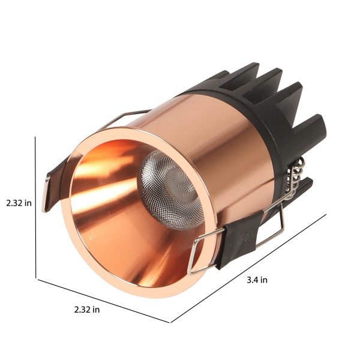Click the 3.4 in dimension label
[x=257, y=280]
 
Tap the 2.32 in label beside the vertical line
[x=19, y=203]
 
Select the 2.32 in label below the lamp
[x=87, y=310]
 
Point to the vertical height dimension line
[x=35, y=208]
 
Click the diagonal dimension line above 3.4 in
[x=248, y=268]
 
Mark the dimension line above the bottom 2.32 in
[x=104, y=301]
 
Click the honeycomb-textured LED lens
[x=170, y=190]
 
